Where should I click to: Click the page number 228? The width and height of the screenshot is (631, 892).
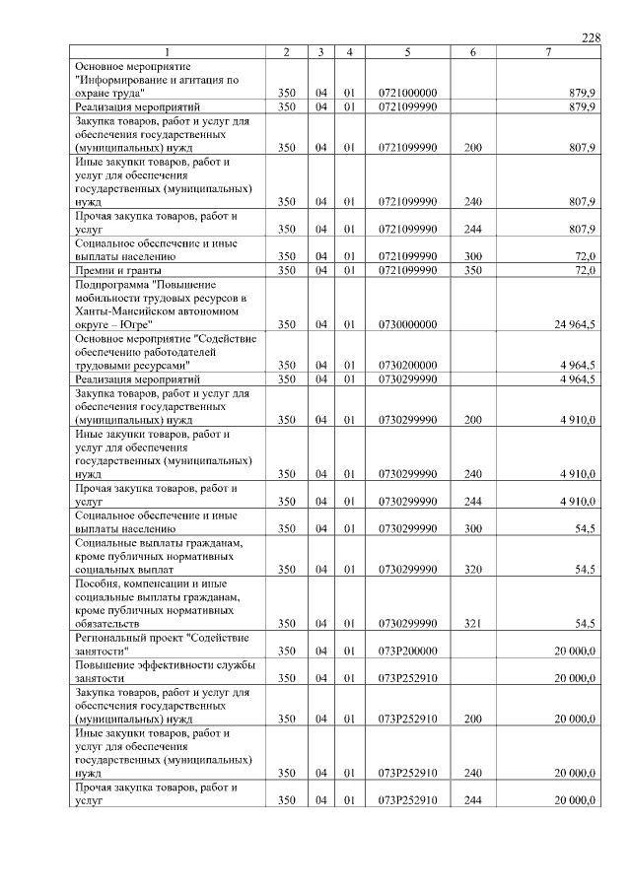(x=591, y=37)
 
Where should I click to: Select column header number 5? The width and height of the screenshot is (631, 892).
(x=407, y=51)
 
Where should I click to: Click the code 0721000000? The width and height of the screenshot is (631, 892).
(x=407, y=93)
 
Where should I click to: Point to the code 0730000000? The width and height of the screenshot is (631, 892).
(x=407, y=323)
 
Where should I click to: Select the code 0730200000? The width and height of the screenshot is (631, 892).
(x=407, y=365)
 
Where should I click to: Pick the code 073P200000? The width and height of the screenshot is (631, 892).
(x=407, y=652)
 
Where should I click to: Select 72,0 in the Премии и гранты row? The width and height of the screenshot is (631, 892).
(x=585, y=270)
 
